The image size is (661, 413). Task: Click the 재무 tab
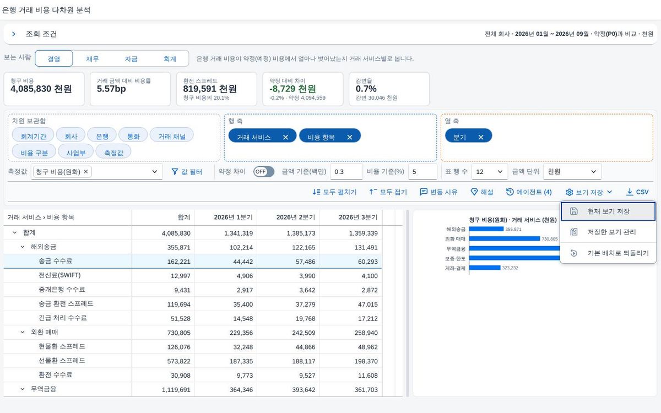click(93, 59)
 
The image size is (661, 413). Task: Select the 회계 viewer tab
click(170, 59)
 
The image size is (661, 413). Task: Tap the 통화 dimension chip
click(133, 136)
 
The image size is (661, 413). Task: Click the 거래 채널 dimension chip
click(172, 136)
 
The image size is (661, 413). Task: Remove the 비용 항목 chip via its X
click(350, 137)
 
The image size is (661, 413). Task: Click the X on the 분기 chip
click(481, 137)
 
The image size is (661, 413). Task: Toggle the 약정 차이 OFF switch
click(263, 172)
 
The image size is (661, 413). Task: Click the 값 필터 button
click(187, 172)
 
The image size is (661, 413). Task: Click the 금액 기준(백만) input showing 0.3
click(346, 172)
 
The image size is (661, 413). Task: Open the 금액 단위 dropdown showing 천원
click(572, 172)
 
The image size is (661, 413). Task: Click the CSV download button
click(637, 192)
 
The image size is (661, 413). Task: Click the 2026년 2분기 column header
click(296, 218)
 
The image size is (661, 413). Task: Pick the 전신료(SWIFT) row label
click(59, 275)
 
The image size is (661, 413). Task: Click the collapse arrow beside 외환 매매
click(23, 332)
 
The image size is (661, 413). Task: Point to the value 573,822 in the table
click(179, 361)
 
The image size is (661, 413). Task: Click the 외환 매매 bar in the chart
click(505, 238)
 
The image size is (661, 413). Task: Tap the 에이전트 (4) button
click(529, 192)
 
